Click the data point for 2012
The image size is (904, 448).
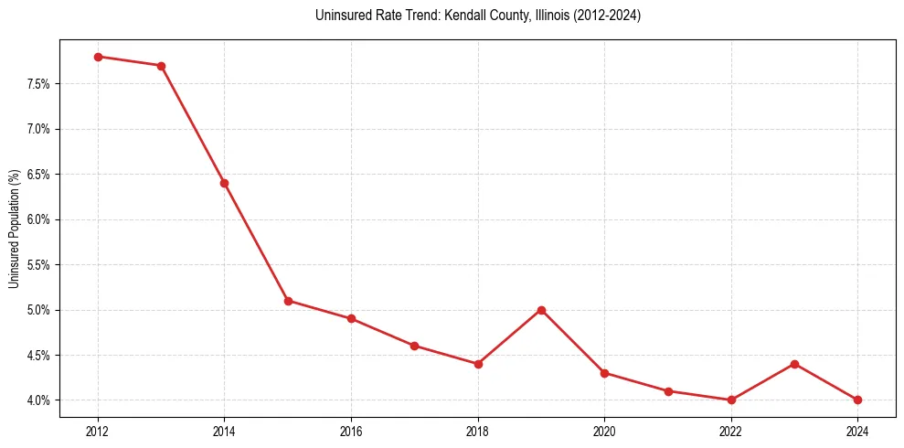tap(98, 57)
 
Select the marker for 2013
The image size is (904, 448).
tap(161, 66)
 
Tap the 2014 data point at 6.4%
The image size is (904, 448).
tap(224, 183)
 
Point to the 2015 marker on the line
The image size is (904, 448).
tap(288, 301)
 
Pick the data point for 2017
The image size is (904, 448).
tap(414, 346)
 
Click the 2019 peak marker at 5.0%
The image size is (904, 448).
tap(541, 310)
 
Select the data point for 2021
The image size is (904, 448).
tap(668, 391)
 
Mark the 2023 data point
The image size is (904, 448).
tap(794, 364)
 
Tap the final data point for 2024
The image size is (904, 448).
tap(857, 400)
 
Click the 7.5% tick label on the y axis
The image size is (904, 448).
tap(37, 84)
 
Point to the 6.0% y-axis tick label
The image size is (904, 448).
tap(37, 219)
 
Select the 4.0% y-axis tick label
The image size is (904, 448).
tap(37, 400)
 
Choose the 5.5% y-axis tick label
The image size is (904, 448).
tap(37, 265)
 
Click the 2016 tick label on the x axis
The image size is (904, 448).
tap(351, 429)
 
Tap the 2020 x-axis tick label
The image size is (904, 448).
tap(604, 429)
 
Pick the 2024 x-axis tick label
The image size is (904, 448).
tap(857, 429)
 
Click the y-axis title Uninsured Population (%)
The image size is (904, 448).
tap(14, 229)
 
